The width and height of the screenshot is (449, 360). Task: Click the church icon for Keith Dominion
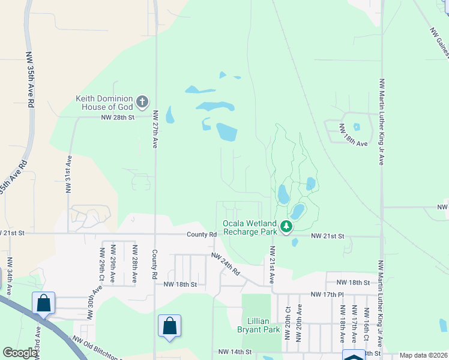pos(142,101)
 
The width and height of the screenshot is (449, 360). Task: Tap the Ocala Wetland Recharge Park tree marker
pos(287,226)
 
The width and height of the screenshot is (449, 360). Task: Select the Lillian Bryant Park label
pos(262,325)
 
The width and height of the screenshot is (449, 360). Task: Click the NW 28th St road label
pos(118,118)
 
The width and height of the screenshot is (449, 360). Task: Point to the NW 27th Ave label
pos(155,129)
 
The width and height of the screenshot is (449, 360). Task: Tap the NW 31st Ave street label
pos(69,174)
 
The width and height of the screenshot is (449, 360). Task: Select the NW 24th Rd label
pos(226,264)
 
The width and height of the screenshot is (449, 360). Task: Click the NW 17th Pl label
pos(327,295)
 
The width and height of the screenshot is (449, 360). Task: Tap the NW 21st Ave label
pos(271,265)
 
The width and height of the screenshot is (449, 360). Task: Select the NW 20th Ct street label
pos(288,325)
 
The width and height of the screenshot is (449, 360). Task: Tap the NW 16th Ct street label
pos(366,325)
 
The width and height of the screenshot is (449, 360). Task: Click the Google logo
pos(20,353)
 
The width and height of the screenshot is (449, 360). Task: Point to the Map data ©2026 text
pos(423,355)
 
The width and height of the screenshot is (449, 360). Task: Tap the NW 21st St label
pos(328,236)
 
